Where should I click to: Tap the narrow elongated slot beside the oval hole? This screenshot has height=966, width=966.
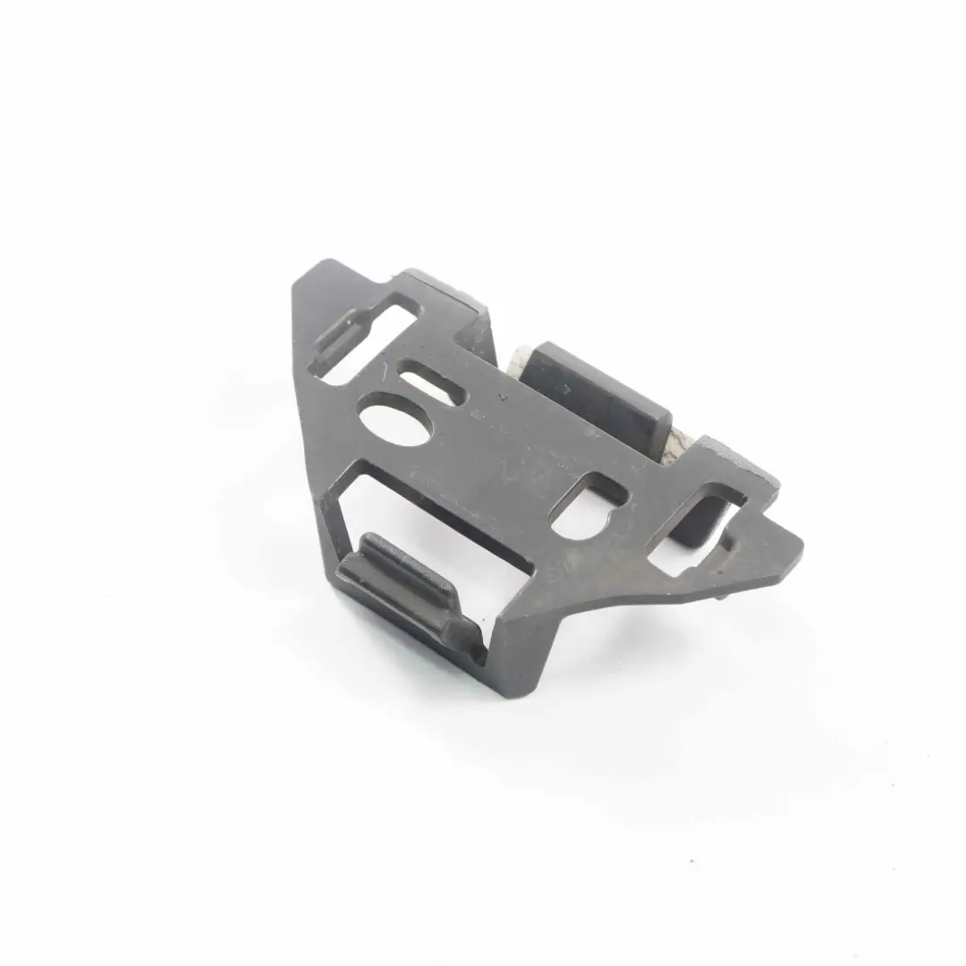click(428, 382)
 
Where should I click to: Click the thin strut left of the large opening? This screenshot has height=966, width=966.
click(333, 537)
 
